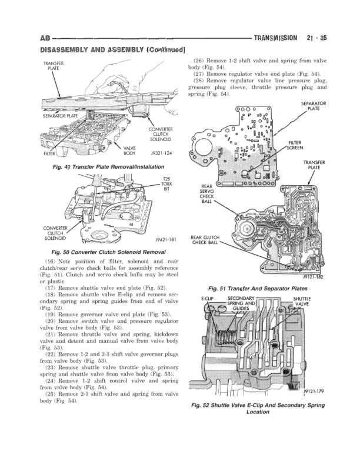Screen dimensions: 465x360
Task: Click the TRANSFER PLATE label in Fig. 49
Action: click(38, 66)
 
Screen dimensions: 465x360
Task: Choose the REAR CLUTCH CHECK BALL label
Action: click(206, 240)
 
